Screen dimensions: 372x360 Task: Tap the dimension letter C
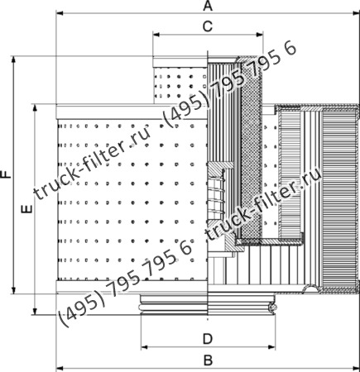coord(209,26)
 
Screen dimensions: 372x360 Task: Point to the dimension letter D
coord(209,337)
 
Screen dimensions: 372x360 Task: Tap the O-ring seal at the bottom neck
coord(271,308)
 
